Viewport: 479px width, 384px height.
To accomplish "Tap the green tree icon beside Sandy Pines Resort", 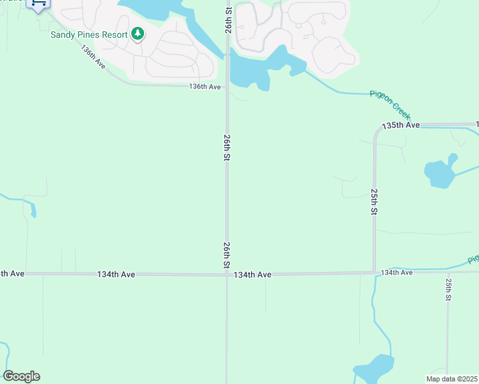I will pyautogui.click(x=137, y=34).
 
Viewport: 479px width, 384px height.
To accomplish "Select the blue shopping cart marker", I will pyautogui.click(x=38, y=4).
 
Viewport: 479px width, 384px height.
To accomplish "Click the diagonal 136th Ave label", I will pyautogui.click(x=93, y=58).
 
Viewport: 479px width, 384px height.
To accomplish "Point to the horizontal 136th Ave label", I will pyautogui.click(x=205, y=87).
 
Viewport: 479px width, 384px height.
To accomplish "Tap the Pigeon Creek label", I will pyautogui.click(x=389, y=101).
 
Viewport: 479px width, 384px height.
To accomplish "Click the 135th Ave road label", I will pyautogui.click(x=401, y=125).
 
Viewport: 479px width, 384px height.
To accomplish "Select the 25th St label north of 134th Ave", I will pyautogui.click(x=374, y=202).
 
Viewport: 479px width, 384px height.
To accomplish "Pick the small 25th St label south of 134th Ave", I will pyautogui.click(x=449, y=289).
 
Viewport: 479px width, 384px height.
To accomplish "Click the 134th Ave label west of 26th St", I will pyautogui.click(x=116, y=274).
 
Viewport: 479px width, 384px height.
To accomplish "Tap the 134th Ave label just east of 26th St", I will pyautogui.click(x=252, y=275).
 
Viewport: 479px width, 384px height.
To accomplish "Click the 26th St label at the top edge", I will pyautogui.click(x=227, y=12).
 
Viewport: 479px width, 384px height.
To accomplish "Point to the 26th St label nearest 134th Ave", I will pyautogui.click(x=227, y=255).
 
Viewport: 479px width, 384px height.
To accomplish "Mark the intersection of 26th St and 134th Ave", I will pyautogui.click(x=227, y=275).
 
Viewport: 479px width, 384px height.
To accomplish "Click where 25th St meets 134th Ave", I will pyautogui.click(x=374, y=273).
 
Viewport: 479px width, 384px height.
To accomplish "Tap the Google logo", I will pyautogui.click(x=21, y=376).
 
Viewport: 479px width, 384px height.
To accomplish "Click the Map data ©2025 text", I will pyautogui.click(x=451, y=379).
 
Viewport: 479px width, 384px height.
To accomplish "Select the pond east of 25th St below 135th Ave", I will pyautogui.click(x=440, y=173).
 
